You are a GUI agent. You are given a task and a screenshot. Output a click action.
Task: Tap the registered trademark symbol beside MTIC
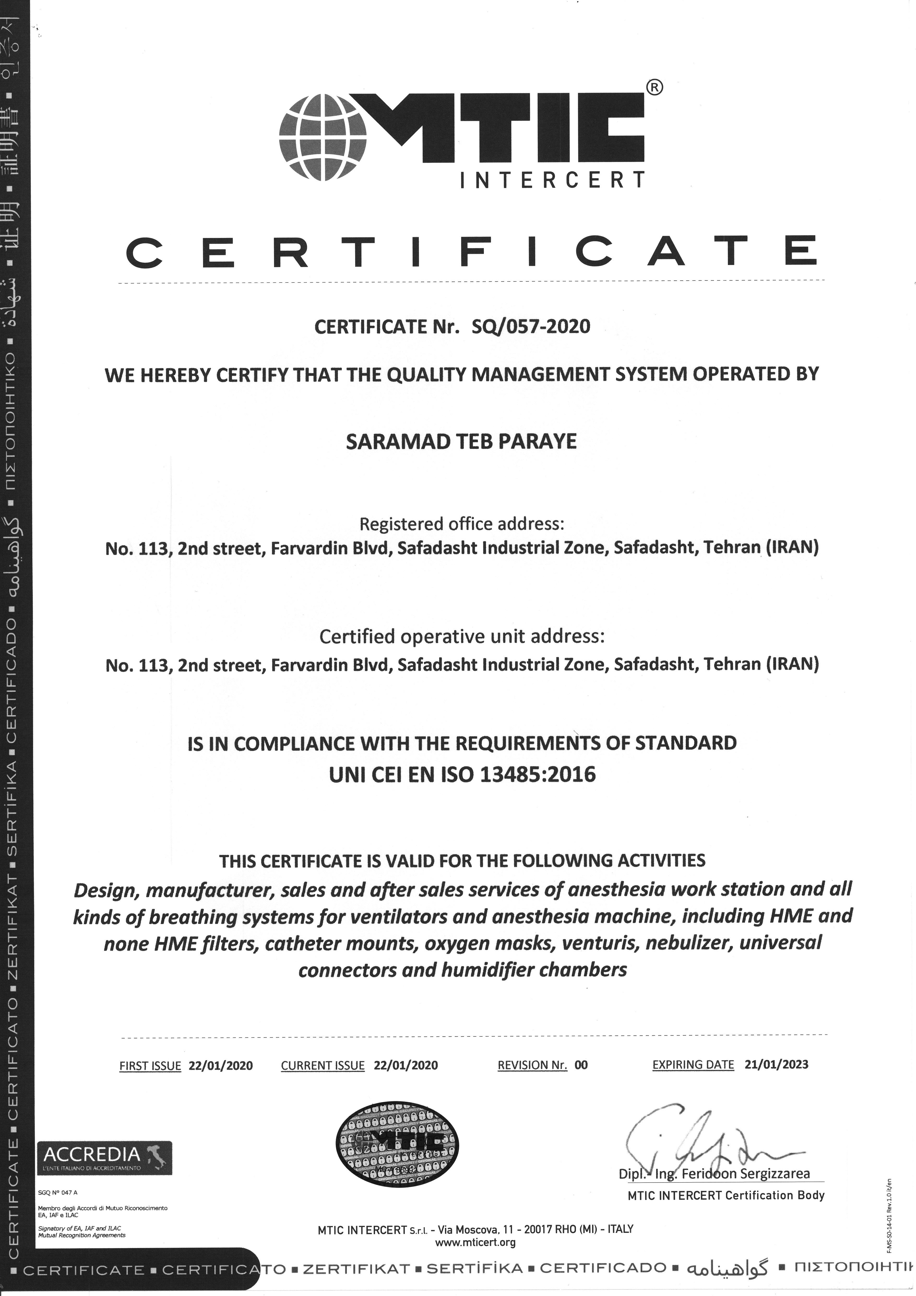click(653, 87)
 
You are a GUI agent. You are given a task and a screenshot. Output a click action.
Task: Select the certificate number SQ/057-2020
click(531, 326)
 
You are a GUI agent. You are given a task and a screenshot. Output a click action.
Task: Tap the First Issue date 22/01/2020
click(221, 1066)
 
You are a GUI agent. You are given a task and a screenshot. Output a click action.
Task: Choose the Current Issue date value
click(406, 1065)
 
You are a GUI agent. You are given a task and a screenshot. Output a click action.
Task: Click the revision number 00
click(581, 1065)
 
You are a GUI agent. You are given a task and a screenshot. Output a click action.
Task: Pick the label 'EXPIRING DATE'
click(693, 1065)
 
